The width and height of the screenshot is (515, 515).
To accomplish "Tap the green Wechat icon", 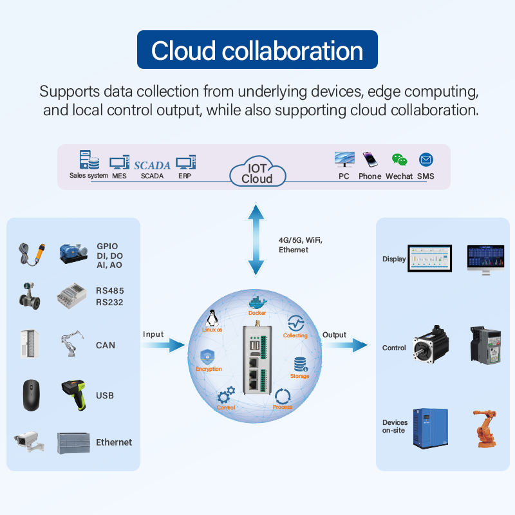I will click(x=399, y=160).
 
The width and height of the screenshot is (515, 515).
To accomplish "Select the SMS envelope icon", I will click(x=426, y=160).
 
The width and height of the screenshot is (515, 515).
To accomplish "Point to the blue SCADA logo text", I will click(x=152, y=165).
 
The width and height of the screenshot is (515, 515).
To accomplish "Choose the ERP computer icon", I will click(x=185, y=163).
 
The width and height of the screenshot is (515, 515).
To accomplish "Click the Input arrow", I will click(x=163, y=346).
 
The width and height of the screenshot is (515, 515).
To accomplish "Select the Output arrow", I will click(x=346, y=346).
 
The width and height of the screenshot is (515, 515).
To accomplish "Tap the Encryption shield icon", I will click(x=208, y=357).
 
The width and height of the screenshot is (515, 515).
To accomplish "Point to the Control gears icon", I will click(x=226, y=396).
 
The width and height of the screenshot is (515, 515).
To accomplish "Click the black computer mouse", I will click(x=31, y=395).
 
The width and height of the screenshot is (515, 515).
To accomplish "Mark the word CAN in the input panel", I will click(x=106, y=346).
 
